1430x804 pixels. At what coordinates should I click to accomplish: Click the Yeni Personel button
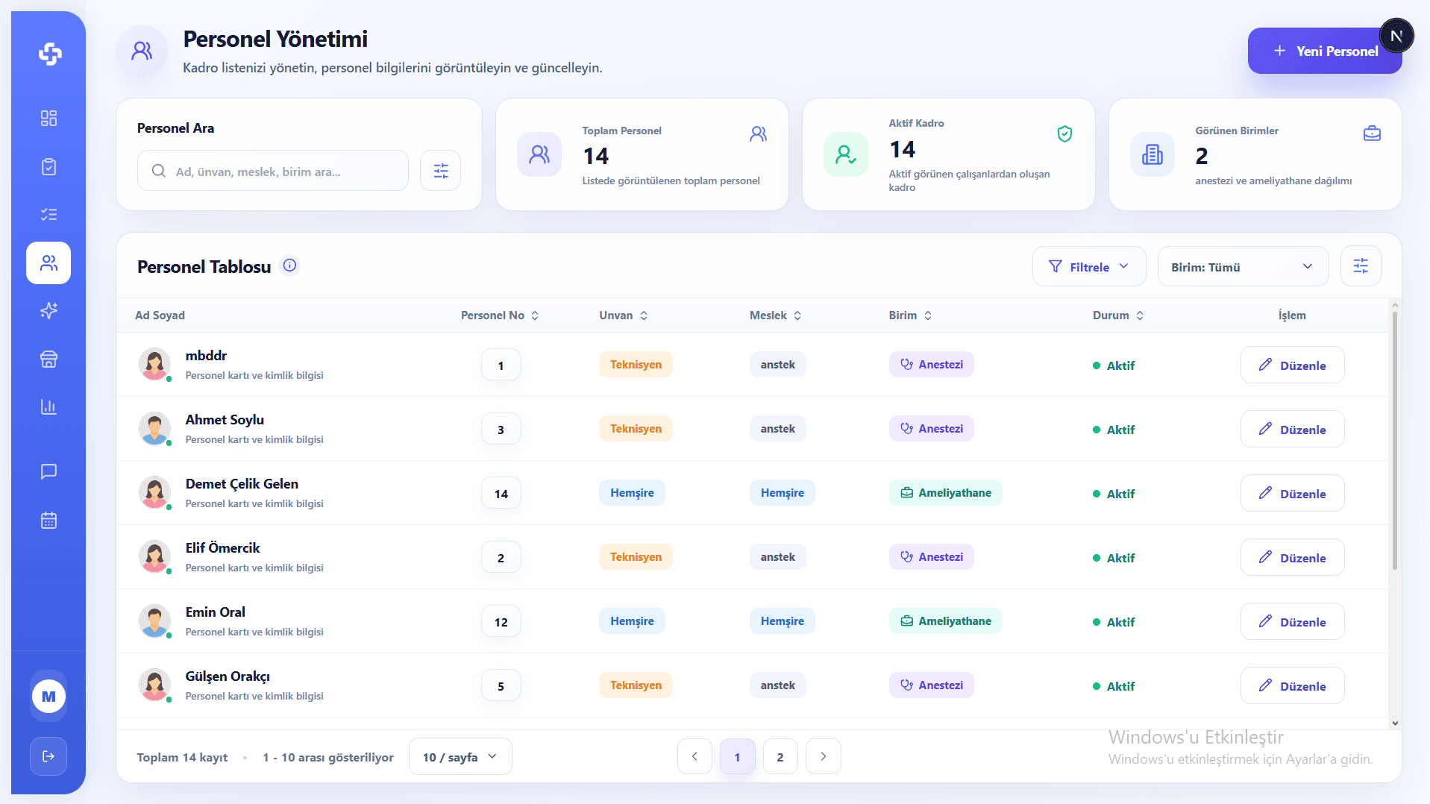point(1324,51)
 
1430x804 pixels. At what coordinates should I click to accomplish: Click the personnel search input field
point(273,171)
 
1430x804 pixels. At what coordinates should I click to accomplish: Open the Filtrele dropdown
point(1089,266)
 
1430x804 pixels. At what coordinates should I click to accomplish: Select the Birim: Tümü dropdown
point(1243,266)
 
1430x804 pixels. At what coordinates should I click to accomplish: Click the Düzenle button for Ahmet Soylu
point(1292,429)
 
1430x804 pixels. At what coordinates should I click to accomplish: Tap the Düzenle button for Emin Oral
point(1292,621)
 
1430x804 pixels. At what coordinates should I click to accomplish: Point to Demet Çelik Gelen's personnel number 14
point(501,494)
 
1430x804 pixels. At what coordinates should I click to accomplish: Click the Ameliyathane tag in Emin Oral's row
point(945,621)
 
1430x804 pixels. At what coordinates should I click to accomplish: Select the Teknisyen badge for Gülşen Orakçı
point(636,685)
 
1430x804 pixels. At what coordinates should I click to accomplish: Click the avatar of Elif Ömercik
point(154,556)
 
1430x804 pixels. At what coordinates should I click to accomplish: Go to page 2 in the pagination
point(780,757)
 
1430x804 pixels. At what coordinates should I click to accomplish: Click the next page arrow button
point(824,757)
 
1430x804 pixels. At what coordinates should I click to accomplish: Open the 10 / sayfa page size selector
point(460,757)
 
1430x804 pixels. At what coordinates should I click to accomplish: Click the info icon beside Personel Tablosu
point(290,266)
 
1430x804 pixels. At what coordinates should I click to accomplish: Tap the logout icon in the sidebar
point(48,756)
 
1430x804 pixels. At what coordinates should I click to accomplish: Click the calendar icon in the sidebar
point(48,521)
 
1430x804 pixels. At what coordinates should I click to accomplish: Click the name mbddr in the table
point(206,356)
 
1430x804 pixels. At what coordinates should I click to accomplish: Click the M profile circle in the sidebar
point(48,697)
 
